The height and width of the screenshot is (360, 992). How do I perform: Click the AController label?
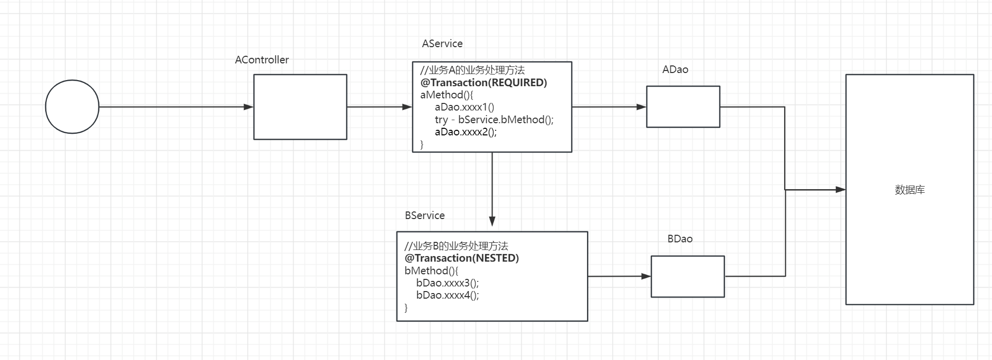point(262,60)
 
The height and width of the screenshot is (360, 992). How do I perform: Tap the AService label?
point(442,44)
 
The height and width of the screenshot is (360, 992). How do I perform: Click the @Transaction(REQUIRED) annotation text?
point(484,82)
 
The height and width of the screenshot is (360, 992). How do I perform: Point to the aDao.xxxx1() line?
point(464,107)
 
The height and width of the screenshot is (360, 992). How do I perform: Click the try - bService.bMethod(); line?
point(494,120)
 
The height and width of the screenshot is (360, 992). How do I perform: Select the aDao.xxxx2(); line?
point(466,132)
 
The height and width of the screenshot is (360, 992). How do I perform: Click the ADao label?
point(675,69)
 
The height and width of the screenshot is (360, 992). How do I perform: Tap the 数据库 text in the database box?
point(910,190)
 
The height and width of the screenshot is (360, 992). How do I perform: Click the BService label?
point(425,215)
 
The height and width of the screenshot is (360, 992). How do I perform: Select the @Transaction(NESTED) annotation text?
point(462,258)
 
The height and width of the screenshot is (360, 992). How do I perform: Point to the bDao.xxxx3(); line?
point(448,283)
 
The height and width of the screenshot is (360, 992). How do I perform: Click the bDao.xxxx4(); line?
point(448,295)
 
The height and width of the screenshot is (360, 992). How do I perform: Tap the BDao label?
point(680,239)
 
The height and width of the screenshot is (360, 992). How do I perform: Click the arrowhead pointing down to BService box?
point(492,221)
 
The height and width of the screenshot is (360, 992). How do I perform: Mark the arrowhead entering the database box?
point(840,190)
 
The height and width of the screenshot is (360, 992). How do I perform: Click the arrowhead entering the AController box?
point(248,107)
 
